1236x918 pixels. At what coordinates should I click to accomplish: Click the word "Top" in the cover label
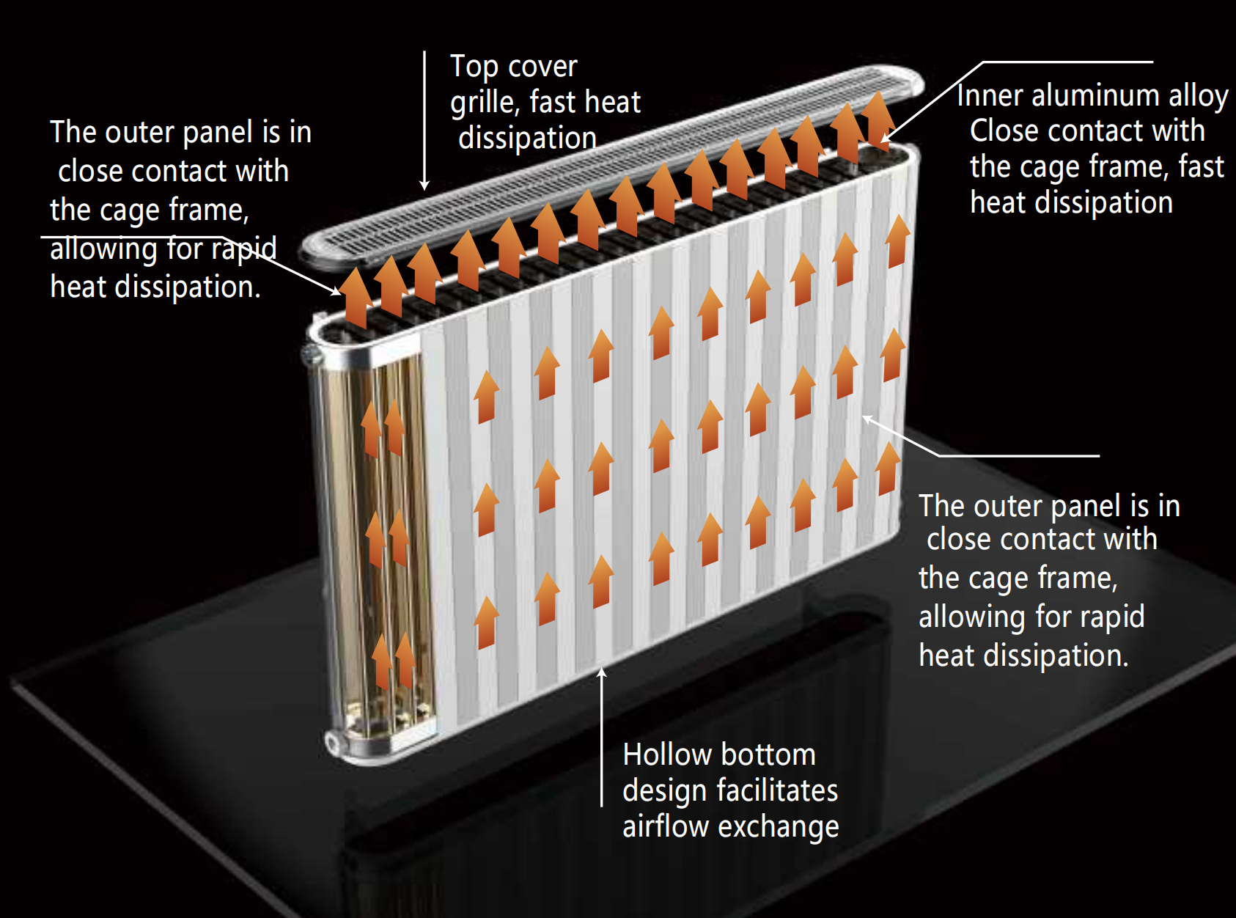tap(474, 67)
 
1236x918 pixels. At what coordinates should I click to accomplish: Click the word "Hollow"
tap(667, 755)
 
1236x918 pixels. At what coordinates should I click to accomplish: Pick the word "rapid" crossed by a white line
tap(244, 249)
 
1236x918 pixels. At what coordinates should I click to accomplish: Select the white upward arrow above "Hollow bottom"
tap(602, 733)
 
